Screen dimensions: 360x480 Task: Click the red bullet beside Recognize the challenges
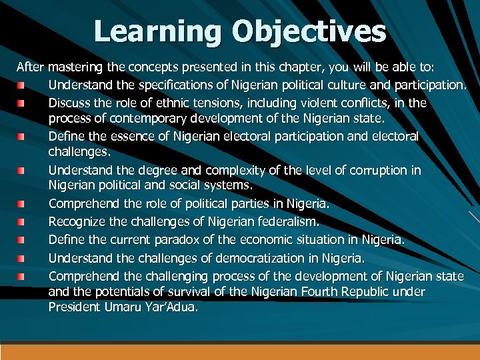21,221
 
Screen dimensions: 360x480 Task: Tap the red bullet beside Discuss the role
21,104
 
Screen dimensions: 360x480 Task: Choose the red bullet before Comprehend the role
21,203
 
